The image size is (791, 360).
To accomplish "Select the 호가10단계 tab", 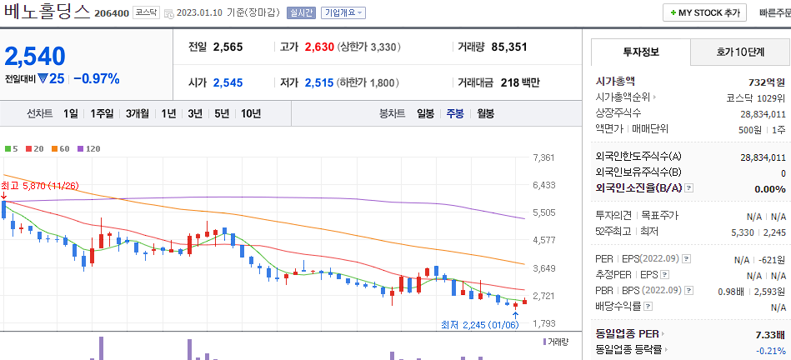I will [x=740, y=52].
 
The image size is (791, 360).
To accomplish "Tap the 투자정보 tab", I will [x=640, y=52].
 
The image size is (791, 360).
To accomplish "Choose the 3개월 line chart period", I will [x=138, y=113].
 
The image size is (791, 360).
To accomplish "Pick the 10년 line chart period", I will [x=250, y=113].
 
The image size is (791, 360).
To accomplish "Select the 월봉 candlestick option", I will [x=485, y=113].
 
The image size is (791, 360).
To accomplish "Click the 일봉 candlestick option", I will [x=426, y=113].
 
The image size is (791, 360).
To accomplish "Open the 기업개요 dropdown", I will [x=343, y=13].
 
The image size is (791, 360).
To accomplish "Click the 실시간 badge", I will [x=301, y=13].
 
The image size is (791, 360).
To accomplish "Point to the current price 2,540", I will [x=35, y=56].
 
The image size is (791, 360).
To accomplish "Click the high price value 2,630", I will [x=319, y=47].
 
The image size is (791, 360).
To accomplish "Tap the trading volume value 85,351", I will [x=509, y=47].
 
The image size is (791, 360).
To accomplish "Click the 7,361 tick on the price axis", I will [x=543, y=157].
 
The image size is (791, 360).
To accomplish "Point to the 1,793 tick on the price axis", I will [x=543, y=323].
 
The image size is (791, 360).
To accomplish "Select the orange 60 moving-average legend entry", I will [x=63, y=148].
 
